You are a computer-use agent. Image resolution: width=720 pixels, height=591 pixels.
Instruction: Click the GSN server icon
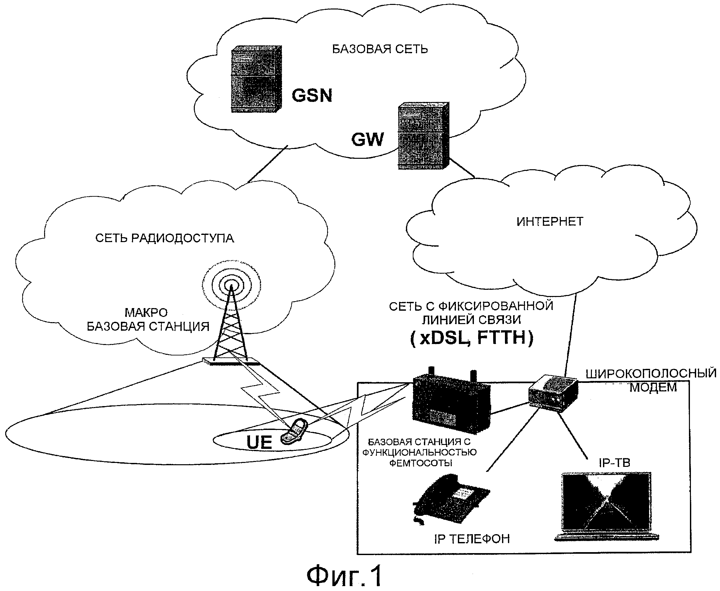tap(256, 79)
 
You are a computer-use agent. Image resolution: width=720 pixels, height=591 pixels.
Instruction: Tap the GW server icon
tap(423, 136)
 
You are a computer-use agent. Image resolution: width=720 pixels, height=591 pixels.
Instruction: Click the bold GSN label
tap(312, 95)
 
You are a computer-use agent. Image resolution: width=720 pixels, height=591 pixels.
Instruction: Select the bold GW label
tap(367, 139)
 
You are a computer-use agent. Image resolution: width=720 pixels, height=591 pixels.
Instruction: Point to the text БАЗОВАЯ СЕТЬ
tap(379, 49)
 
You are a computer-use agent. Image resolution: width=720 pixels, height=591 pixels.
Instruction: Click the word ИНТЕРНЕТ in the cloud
tap(550, 222)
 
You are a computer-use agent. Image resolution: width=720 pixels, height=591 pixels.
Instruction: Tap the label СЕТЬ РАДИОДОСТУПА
tap(164, 238)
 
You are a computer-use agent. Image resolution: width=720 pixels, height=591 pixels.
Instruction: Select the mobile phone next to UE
tap(294, 432)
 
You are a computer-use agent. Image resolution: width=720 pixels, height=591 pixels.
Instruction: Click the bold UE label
tap(259, 442)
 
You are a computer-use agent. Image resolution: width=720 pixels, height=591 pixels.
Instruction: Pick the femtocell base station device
tap(451, 402)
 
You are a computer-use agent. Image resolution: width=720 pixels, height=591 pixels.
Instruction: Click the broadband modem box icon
tap(553, 393)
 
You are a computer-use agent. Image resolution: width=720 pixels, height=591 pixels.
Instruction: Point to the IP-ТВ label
tap(614, 463)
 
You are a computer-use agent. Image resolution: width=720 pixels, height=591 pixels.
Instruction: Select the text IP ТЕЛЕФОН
tap(472, 539)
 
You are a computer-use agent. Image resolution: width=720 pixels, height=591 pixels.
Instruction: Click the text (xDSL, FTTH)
tap(472, 338)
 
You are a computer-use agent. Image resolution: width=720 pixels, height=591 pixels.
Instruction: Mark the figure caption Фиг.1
tap(344, 575)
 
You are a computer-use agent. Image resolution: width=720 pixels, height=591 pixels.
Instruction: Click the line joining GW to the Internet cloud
tap(461, 168)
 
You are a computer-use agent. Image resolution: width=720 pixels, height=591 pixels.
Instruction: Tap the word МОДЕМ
tap(653, 387)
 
